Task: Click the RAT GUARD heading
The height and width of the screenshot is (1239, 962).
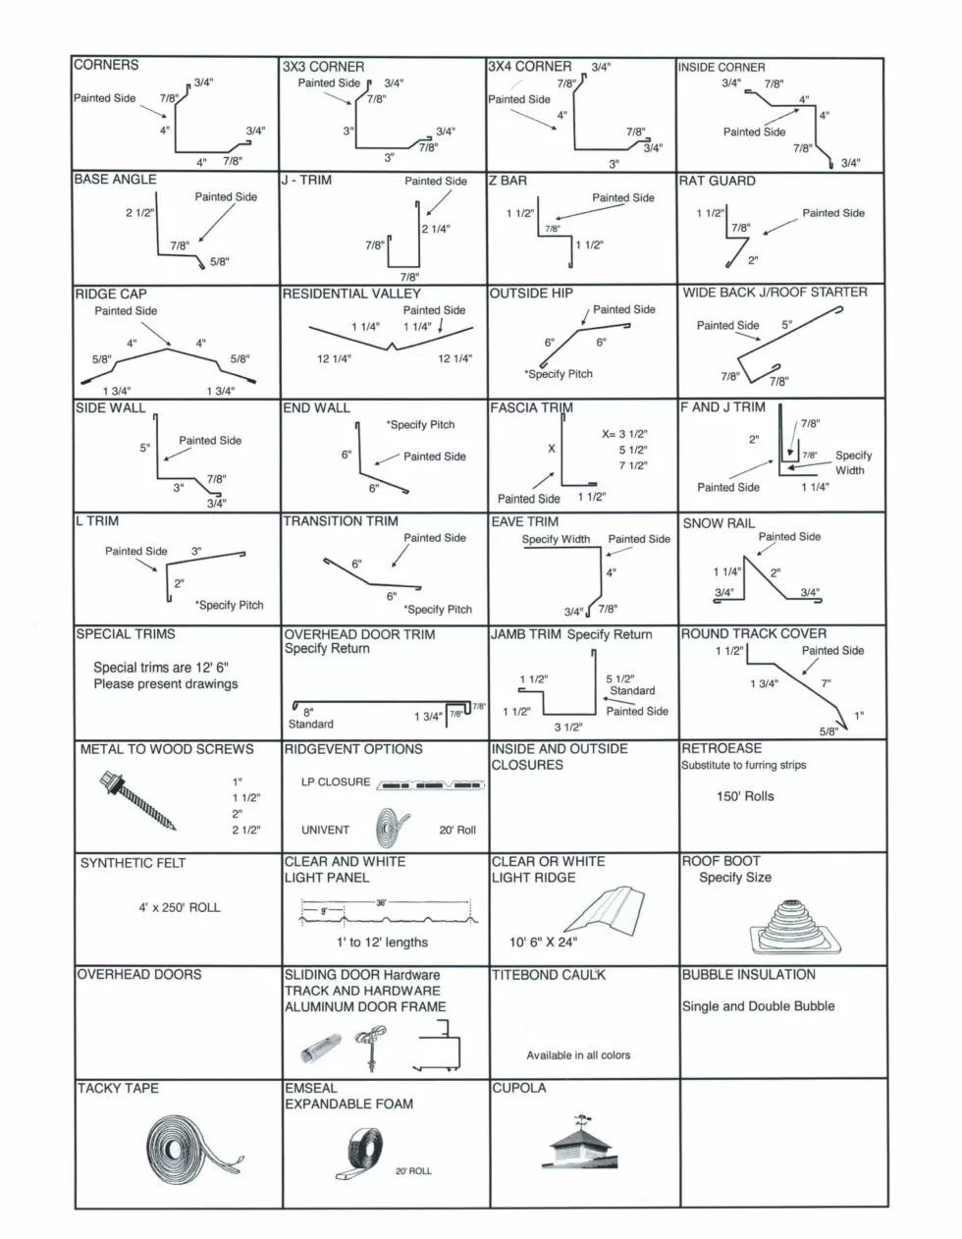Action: tap(718, 181)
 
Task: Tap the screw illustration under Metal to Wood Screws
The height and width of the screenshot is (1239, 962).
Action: tap(138, 801)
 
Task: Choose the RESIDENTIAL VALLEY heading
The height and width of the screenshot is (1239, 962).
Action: tap(351, 294)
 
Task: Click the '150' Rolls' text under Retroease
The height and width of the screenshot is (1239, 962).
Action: tap(745, 796)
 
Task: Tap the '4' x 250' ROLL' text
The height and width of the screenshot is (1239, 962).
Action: tap(180, 907)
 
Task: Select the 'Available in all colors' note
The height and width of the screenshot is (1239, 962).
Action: tap(578, 1055)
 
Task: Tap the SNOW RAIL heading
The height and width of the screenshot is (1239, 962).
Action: tap(719, 523)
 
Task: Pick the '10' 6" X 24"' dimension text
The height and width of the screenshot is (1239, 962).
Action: tap(543, 943)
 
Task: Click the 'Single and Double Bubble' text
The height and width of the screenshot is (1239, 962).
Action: tap(758, 1006)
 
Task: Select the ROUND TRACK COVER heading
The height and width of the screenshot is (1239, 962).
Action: tap(754, 634)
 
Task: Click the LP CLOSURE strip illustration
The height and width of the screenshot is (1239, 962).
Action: tap(431, 786)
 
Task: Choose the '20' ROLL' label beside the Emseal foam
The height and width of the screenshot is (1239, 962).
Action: tap(413, 1171)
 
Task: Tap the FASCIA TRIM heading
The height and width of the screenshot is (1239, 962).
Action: tap(531, 407)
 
